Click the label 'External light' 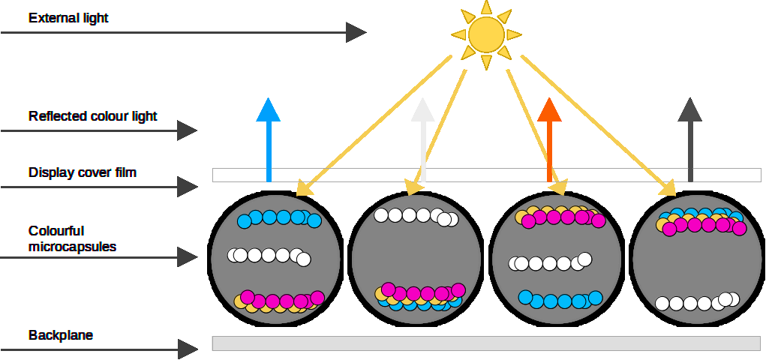68,17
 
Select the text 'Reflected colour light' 93,116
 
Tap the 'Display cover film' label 83,172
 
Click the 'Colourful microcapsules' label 72,238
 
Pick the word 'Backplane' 61,335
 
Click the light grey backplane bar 486,343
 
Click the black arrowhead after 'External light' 356,32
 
